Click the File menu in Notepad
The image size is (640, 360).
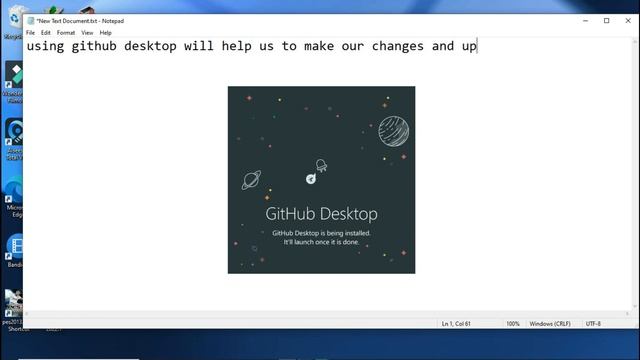tap(31, 33)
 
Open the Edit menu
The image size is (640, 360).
tap(46, 33)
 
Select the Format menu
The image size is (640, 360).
tap(66, 33)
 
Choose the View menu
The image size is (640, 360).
tap(87, 33)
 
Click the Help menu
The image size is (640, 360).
tap(106, 33)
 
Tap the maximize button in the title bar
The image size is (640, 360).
tap(606, 20)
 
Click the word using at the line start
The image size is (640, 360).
tap(46, 47)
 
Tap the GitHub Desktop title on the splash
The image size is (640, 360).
tap(321, 214)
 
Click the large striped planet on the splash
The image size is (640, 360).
tap(394, 130)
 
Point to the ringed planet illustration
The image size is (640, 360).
tap(252, 180)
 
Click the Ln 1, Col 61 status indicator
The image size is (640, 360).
tap(461, 324)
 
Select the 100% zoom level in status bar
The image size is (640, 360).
tap(513, 324)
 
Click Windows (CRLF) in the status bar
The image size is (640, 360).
tap(549, 324)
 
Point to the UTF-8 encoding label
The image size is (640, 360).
tap(593, 324)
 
